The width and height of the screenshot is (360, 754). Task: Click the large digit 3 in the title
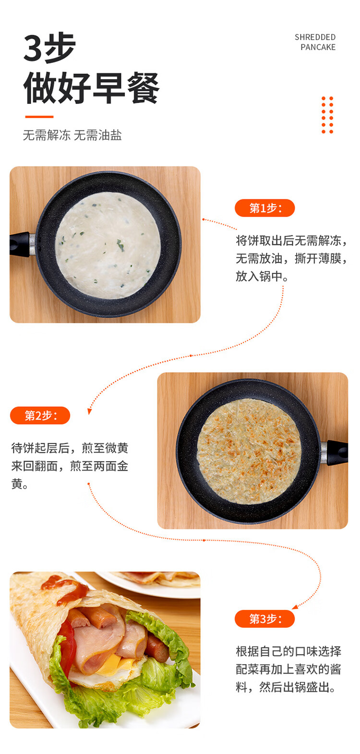tap(33, 48)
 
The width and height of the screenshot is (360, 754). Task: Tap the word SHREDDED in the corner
tap(315, 37)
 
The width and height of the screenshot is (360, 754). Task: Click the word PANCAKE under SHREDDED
tap(318, 47)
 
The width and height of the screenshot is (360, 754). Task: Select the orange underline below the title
tap(39, 117)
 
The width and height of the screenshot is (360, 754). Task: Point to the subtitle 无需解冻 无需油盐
tap(72, 135)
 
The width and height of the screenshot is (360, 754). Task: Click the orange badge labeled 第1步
tap(264, 208)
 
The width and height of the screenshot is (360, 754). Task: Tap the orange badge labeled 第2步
tap(40, 415)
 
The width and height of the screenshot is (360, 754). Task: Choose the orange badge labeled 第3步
tap(264, 619)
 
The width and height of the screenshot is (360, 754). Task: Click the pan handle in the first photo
tap(21, 244)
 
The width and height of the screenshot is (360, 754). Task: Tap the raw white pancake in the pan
tap(108, 245)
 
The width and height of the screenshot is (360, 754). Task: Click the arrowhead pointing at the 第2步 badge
tap(89, 411)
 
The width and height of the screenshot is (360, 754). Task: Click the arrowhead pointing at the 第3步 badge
tap(295, 607)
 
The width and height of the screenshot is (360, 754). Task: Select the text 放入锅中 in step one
tap(259, 276)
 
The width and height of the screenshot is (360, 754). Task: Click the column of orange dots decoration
tap(327, 115)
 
